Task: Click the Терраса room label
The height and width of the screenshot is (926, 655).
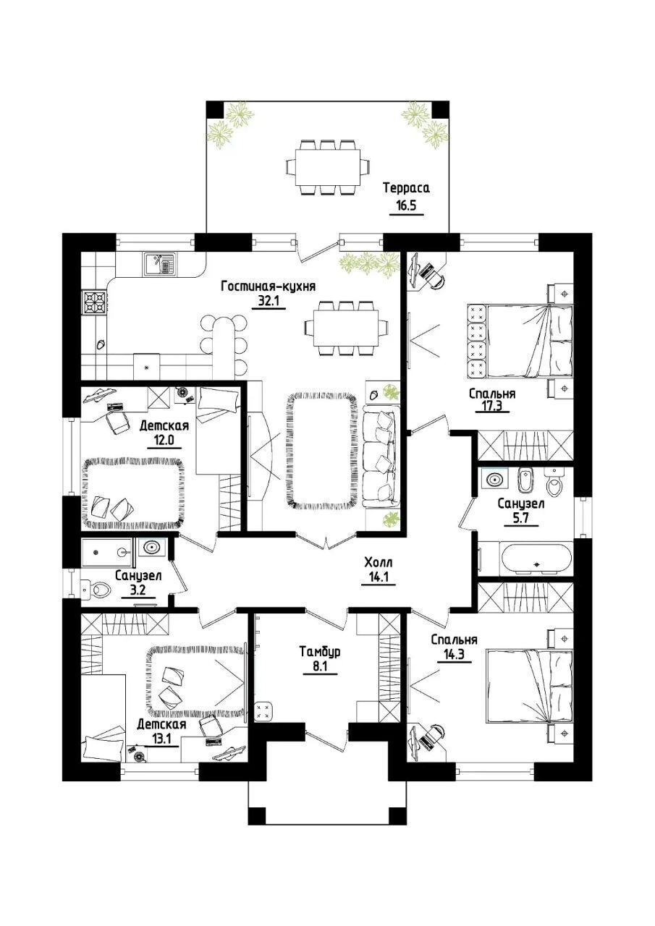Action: coord(406,189)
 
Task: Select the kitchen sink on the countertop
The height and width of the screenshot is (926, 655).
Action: coord(160,264)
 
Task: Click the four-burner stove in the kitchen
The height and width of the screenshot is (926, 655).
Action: coord(95,302)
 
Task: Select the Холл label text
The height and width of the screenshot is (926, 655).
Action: coord(379,562)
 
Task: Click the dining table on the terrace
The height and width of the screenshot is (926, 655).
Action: coord(327,167)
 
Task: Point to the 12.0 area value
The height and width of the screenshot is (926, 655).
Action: coord(164,440)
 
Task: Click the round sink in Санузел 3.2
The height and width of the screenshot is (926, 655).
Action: coord(152,548)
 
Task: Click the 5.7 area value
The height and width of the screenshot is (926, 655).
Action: coord(521,518)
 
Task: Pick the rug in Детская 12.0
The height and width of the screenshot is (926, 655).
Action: coord(133,493)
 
